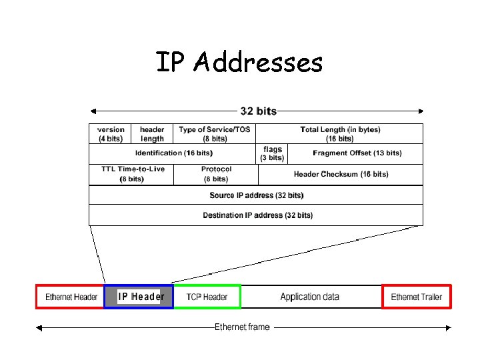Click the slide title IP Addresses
239,63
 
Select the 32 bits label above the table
258,111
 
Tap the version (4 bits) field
111,134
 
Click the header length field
152,134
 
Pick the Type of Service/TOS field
215,134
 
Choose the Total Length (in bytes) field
340,134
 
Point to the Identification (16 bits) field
173,153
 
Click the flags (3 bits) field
273,153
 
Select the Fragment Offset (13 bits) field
357,153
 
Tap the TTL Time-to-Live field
132,174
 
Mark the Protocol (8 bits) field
216,174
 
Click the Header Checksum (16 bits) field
341,175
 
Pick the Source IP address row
256,195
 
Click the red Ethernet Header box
71,297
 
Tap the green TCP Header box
207,297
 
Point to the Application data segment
310,297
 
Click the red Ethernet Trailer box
417,297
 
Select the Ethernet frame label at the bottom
242,327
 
